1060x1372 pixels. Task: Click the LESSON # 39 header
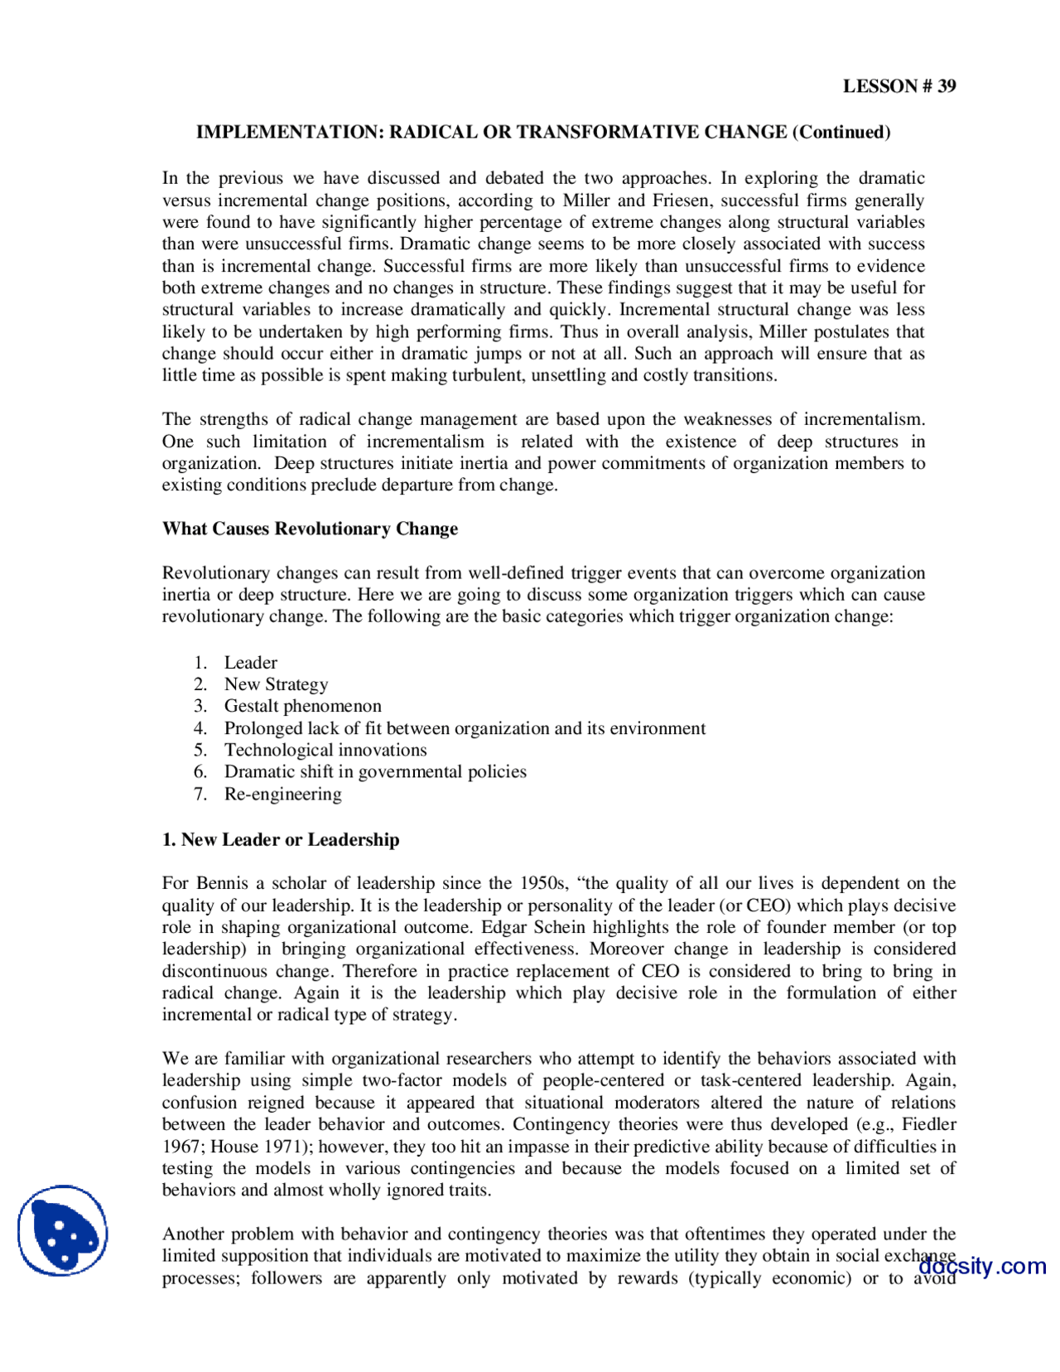tap(899, 86)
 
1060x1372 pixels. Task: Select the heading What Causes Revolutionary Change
tap(310, 529)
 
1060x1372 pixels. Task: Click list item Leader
tap(250, 663)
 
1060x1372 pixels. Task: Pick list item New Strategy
tap(276, 684)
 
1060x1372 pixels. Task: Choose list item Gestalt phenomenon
tap(302, 706)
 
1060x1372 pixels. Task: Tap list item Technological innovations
tap(325, 750)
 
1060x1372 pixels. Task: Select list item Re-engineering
tap(282, 794)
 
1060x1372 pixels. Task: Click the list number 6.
tap(200, 771)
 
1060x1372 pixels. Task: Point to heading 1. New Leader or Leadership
tap(281, 839)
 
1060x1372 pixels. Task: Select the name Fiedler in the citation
tap(928, 1124)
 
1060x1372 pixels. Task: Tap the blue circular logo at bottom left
tap(63, 1230)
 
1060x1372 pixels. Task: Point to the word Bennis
tap(223, 883)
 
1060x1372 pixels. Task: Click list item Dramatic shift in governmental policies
tap(375, 771)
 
